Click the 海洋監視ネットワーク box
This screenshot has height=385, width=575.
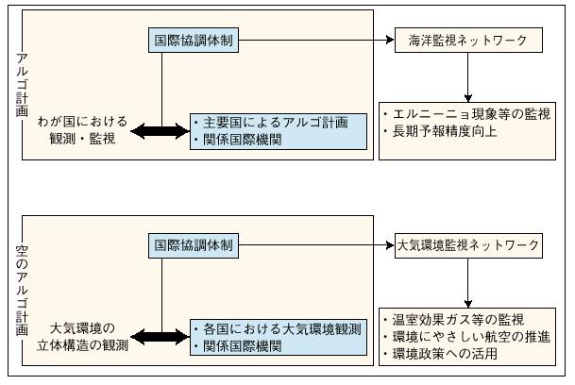[x=467, y=41]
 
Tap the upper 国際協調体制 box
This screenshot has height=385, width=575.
[x=195, y=41]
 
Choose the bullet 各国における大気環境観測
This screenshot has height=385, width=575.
[x=279, y=328]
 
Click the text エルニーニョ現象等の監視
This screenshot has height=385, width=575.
[x=471, y=114]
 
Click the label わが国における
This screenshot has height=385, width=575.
[x=82, y=123]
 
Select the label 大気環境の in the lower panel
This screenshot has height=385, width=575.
[x=83, y=328]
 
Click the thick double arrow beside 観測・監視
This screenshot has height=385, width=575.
[x=160, y=132]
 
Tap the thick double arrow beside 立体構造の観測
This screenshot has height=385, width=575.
[x=160, y=337]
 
